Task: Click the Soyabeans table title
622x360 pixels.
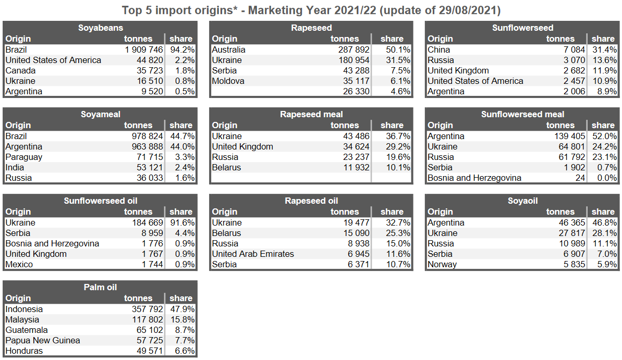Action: pyautogui.click(x=101, y=28)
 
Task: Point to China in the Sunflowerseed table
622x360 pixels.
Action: pyautogui.click(x=438, y=49)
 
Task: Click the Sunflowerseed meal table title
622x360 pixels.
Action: pyautogui.click(x=522, y=114)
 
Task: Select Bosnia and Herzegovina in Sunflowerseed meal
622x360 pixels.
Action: pyautogui.click(x=474, y=178)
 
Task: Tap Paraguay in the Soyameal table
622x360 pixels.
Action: pyautogui.click(x=24, y=157)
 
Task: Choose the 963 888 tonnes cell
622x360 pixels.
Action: pyautogui.click(x=144, y=146)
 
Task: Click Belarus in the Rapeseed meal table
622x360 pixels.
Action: pyautogui.click(x=226, y=167)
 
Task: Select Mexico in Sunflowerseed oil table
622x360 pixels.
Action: pyautogui.click(x=19, y=264)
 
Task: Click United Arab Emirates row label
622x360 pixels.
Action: pyautogui.click(x=253, y=254)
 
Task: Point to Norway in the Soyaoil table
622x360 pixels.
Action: pyautogui.click(x=442, y=264)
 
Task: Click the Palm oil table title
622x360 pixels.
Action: pyautogui.click(x=100, y=287)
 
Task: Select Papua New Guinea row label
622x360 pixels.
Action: pyautogui.click(x=43, y=340)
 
